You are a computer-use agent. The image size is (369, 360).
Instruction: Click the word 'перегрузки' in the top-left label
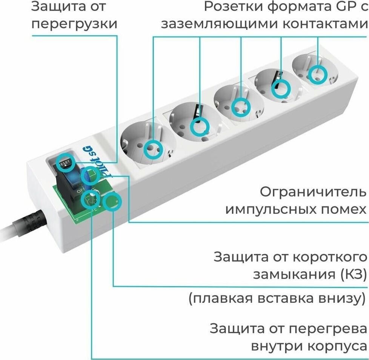point(74,24)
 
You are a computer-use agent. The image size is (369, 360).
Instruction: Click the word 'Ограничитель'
point(313,192)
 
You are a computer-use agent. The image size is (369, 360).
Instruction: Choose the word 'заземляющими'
point(214,24)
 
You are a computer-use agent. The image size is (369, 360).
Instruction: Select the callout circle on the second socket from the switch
point(200,127)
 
